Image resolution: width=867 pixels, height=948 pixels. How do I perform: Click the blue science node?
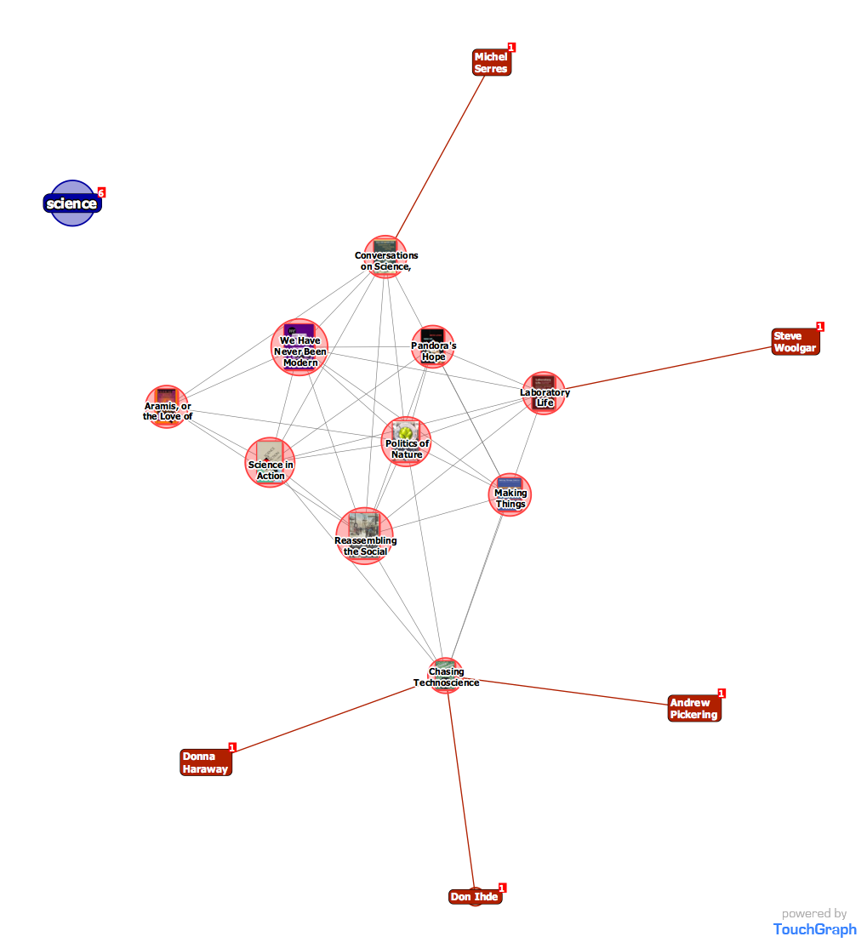[73, 203]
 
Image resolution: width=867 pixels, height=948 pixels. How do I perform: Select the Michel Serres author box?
[491, 62]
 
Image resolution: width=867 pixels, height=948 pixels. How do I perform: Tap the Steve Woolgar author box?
[795, 342]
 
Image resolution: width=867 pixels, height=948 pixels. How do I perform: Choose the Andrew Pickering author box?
[693, 708]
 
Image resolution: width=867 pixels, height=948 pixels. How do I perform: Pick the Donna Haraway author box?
[205, 762]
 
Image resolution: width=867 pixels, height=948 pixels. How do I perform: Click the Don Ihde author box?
[475, 897]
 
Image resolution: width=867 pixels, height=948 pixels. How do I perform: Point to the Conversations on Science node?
[385, 257]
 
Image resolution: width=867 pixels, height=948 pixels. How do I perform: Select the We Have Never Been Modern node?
[299, 347]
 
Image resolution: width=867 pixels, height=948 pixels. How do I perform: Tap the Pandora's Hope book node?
[433, 347]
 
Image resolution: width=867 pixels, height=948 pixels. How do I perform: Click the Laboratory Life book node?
[544, 393]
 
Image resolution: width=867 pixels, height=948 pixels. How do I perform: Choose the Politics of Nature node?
[406, 442]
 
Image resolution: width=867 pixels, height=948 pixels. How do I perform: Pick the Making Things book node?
[510, 495]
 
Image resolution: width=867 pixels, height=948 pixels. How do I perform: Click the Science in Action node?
[271, 463]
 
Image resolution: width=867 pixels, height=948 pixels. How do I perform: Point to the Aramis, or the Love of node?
[167, 407]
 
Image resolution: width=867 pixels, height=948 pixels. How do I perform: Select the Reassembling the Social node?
[365, 536]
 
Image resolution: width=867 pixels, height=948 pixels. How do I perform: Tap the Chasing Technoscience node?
[445, 676]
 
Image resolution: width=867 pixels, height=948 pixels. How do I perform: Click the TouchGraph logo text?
[814, 929]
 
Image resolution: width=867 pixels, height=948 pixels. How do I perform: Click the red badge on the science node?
[101, 192]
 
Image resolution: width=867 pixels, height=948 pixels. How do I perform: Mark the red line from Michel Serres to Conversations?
[438, 157]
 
